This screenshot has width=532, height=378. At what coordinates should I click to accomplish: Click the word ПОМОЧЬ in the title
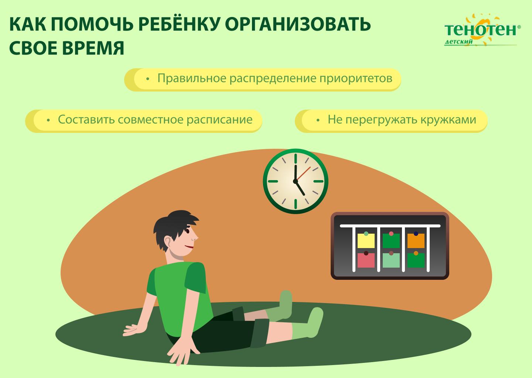92,24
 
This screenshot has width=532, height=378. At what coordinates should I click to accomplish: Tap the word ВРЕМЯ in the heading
93,48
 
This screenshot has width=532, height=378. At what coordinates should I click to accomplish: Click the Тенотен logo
482,30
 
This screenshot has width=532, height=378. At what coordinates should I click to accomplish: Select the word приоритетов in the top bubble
356,78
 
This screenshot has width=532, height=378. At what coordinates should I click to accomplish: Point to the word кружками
449,120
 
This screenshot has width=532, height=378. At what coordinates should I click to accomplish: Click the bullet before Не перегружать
318,120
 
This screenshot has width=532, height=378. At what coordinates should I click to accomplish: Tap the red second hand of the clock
303,173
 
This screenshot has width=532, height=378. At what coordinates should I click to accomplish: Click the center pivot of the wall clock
296,181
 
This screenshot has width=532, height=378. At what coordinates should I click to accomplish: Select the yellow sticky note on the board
366,241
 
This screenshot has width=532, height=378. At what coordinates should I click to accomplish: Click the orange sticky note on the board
416,241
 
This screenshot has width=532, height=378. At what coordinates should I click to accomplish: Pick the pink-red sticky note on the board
366,260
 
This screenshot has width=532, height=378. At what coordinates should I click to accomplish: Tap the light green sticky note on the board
391,260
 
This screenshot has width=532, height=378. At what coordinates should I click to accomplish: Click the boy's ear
167,243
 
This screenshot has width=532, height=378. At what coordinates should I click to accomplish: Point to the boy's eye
188,231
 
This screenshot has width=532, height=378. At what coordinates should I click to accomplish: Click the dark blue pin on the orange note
416,234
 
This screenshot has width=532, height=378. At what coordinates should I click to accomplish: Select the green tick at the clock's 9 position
273,181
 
